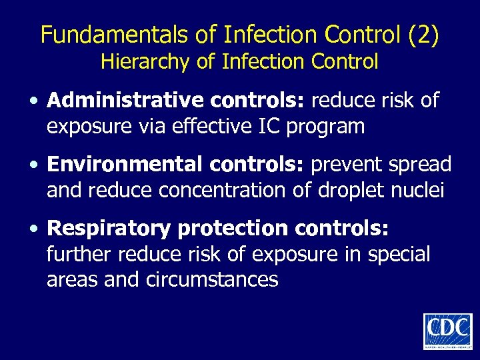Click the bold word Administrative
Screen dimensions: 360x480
(x=126, y=101)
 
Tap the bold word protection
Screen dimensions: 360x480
(x=233, y=228)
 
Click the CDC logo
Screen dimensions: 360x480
(x=447, y=331)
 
